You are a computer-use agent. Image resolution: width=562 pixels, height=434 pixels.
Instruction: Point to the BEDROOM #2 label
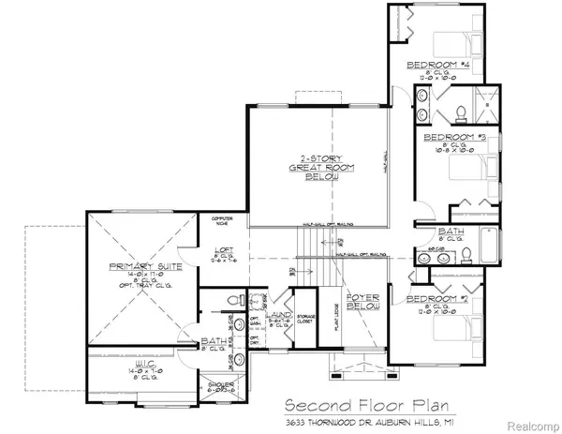[x=434, y=299]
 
